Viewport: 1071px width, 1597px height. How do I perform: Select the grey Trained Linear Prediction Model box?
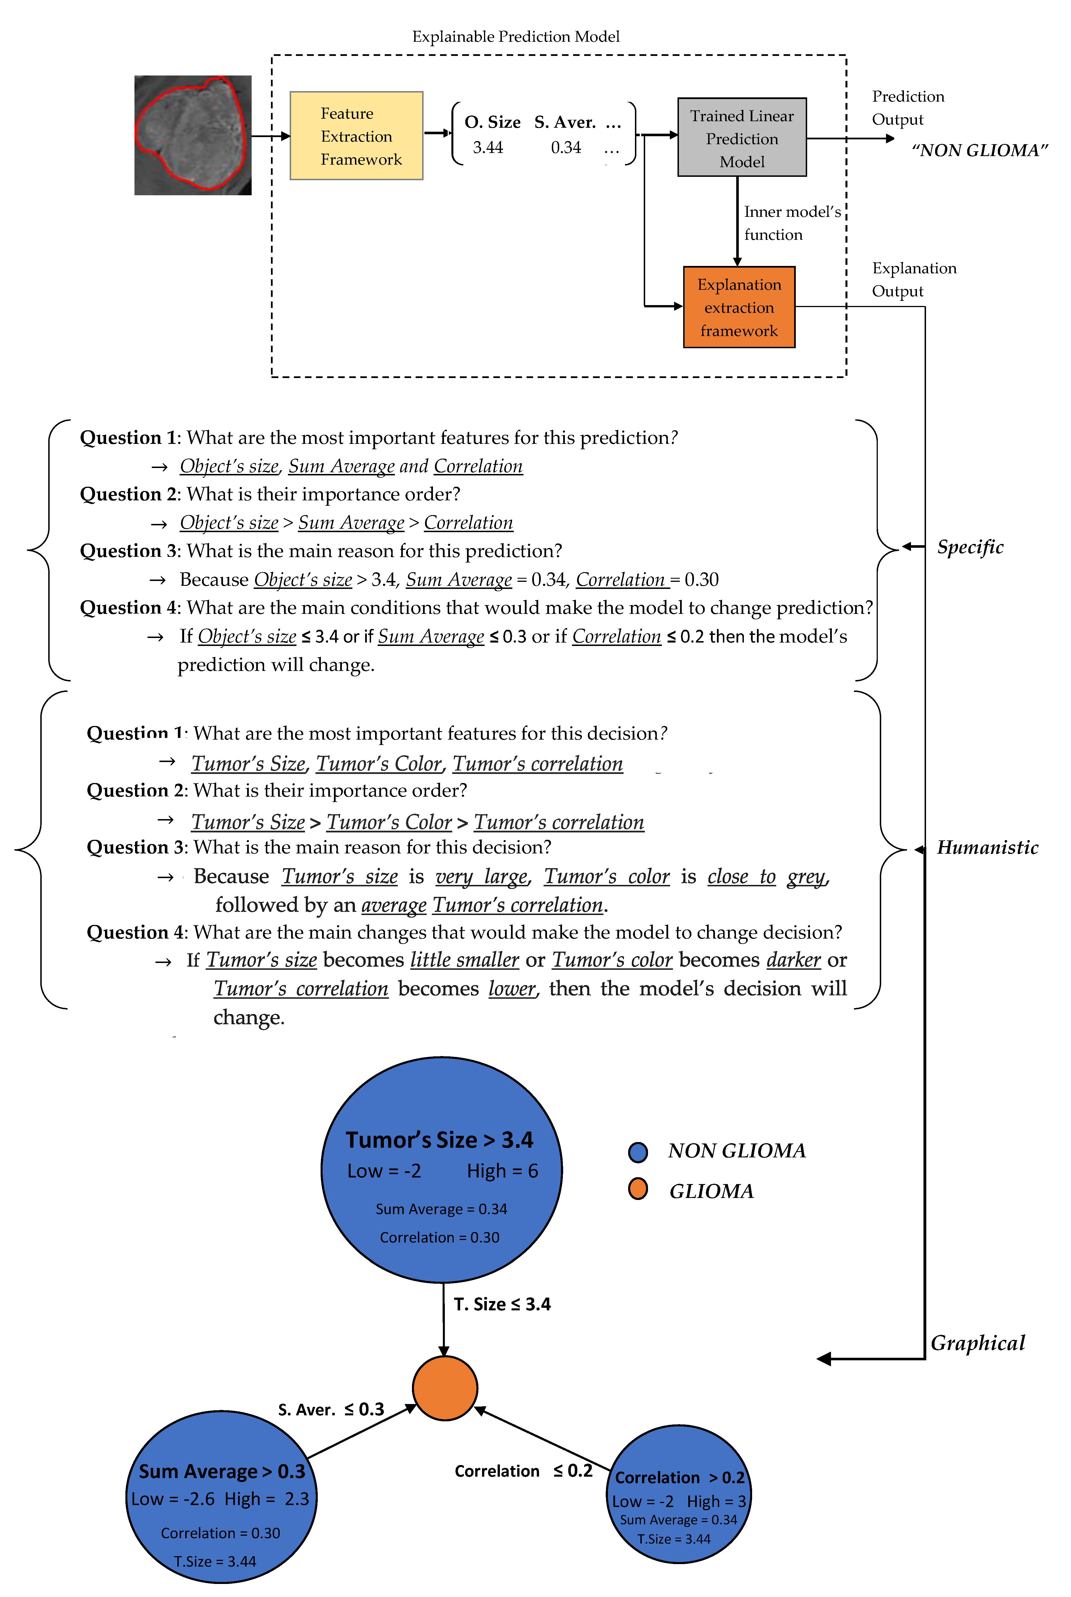pyautogui.click(x=742, y=137)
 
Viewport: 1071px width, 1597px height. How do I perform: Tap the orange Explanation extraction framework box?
pyautogui.click(x=739, y=307)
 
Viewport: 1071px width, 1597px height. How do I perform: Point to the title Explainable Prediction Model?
pyautogui.click(x=516, y=36)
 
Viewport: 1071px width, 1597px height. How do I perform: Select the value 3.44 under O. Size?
pyautogui.click(x=488, y=148)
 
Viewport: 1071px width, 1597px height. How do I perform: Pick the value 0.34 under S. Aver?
pyautogui.click(x=565, y=148)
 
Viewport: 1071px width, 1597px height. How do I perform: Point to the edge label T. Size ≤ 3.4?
pyautogui.click(x=502, y=1304)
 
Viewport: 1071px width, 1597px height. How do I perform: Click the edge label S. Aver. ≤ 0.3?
pyautogui.click(x=331, y=1409)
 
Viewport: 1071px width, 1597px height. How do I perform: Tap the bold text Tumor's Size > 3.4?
pyautogui.click(x=439, y=1140)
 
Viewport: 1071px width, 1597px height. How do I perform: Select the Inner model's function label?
pyautogui.click(x=792, y=223)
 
